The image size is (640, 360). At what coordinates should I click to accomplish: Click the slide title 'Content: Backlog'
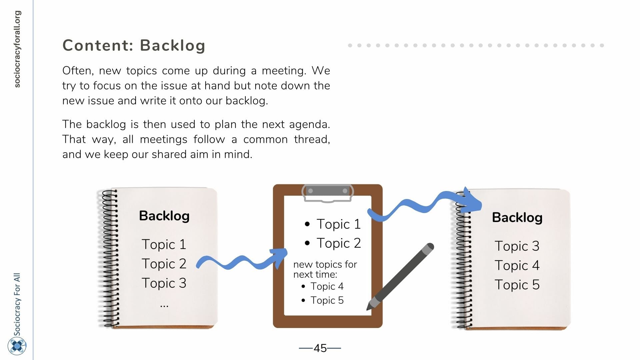134,46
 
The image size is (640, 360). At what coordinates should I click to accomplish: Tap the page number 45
320,348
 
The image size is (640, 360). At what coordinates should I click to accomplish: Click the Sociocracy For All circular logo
17,346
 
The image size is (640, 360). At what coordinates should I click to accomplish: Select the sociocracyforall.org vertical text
17,49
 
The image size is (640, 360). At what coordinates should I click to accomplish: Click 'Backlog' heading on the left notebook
164,216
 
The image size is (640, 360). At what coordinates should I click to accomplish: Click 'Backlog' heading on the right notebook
517,218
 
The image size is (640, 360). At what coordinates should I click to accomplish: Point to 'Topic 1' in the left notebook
164,244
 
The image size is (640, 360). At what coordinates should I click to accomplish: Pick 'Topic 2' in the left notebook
164,264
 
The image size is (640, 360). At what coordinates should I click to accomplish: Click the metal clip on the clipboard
327,193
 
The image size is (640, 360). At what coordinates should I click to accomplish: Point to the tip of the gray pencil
368,309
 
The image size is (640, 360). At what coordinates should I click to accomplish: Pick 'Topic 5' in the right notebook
517,285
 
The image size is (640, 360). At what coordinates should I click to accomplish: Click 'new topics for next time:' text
325,269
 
